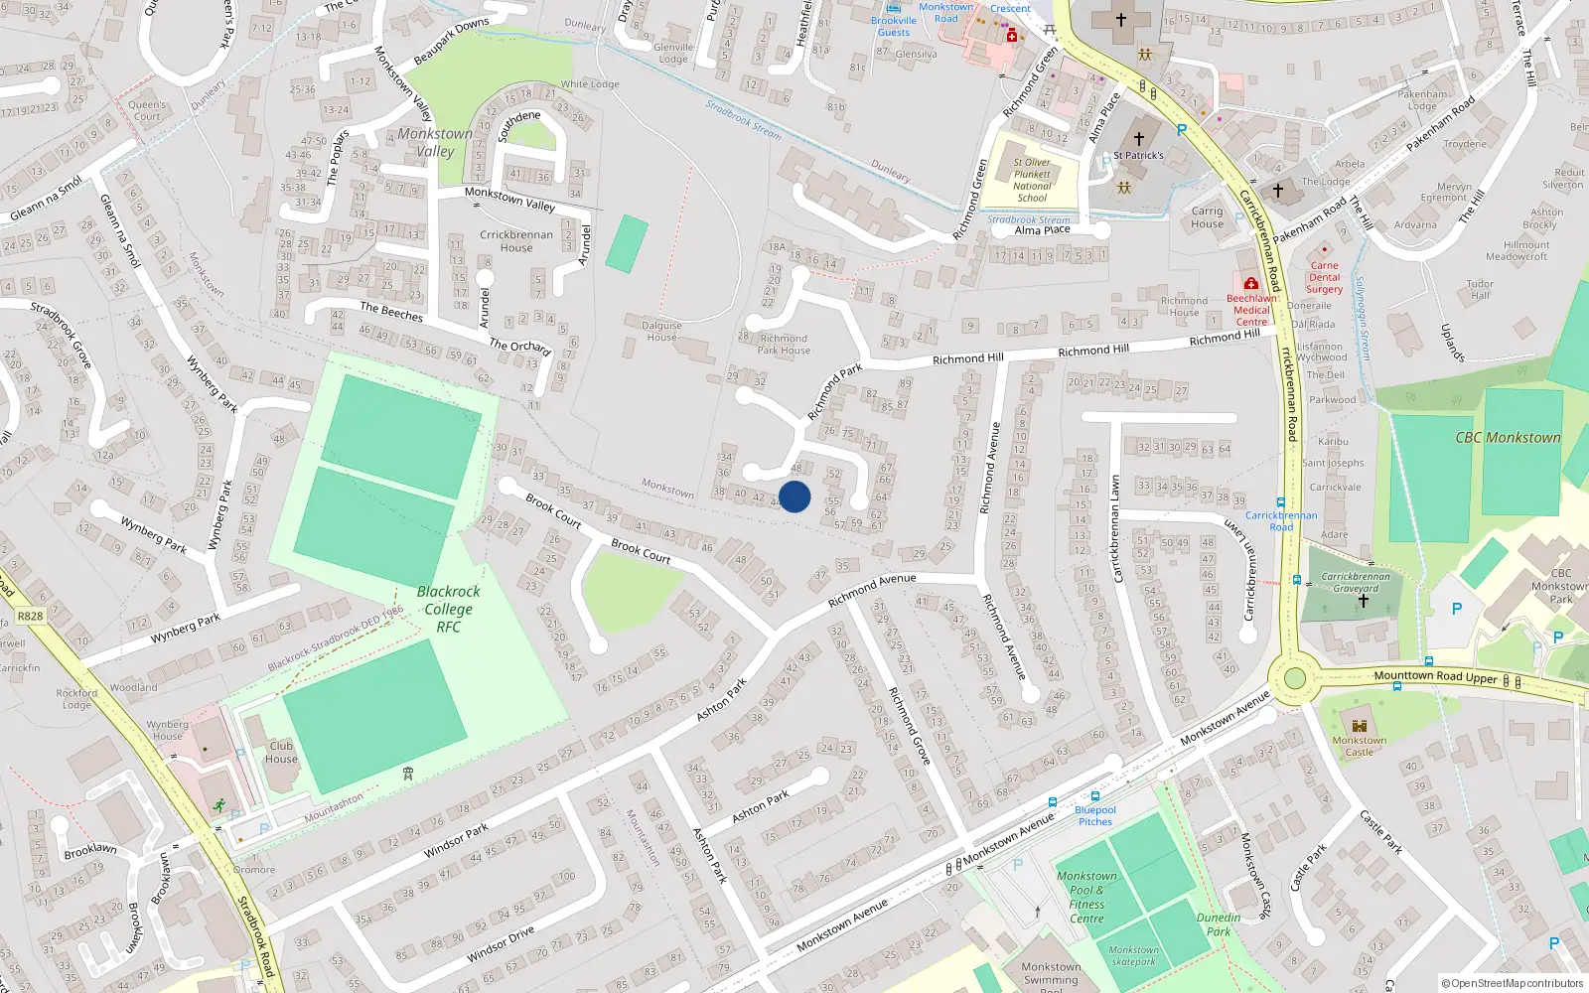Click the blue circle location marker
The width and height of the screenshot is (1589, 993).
794,496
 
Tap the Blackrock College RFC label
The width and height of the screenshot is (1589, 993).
448,609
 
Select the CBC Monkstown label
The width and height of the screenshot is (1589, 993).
1508,437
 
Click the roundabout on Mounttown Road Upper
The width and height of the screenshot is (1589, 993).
1294,678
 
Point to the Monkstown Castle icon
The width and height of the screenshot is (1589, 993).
1360,726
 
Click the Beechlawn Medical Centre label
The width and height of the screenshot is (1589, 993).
1251,309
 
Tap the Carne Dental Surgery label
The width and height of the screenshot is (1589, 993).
1324,277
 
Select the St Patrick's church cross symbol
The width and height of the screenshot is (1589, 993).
1138,139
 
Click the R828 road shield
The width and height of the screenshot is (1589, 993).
30,616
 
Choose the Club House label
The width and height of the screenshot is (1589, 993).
281,752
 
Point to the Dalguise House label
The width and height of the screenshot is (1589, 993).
661,331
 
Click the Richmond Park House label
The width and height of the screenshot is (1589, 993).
784,344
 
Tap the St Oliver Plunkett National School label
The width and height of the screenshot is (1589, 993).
1032,180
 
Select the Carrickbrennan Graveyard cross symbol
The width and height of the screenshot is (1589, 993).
1363,601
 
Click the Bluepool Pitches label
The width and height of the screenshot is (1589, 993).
1095,815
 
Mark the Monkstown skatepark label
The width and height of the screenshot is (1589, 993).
1133,955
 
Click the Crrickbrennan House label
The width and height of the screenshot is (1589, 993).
516,241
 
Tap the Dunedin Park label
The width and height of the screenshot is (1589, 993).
1219,924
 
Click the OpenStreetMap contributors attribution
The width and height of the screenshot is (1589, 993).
1512,983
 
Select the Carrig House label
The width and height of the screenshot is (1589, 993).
1208,217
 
